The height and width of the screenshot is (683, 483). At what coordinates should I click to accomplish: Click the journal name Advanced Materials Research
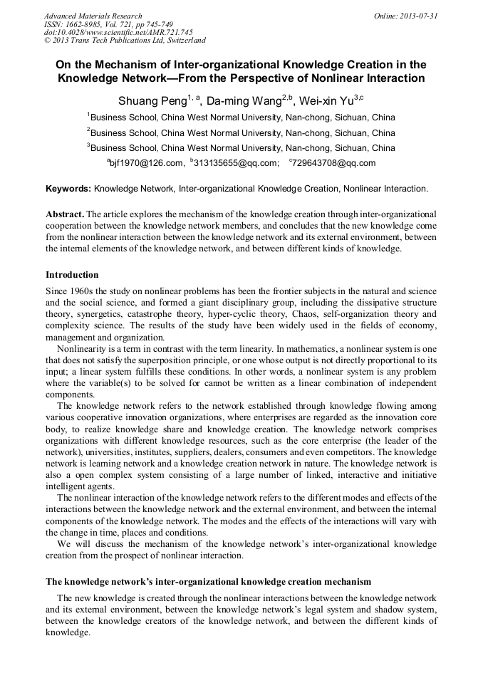pyautogui.click(x=93, y=16)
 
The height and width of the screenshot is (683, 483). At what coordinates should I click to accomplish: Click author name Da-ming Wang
pyautogui.click(x=240, y=100)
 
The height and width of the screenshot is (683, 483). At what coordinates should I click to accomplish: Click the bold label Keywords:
pyautogui.click(x=68, y=189)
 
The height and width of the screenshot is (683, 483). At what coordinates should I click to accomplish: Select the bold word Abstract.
pyautogui.click(x=65, y=214)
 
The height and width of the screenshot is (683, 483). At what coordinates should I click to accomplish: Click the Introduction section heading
pyautogui.click(x=72, y=275)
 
